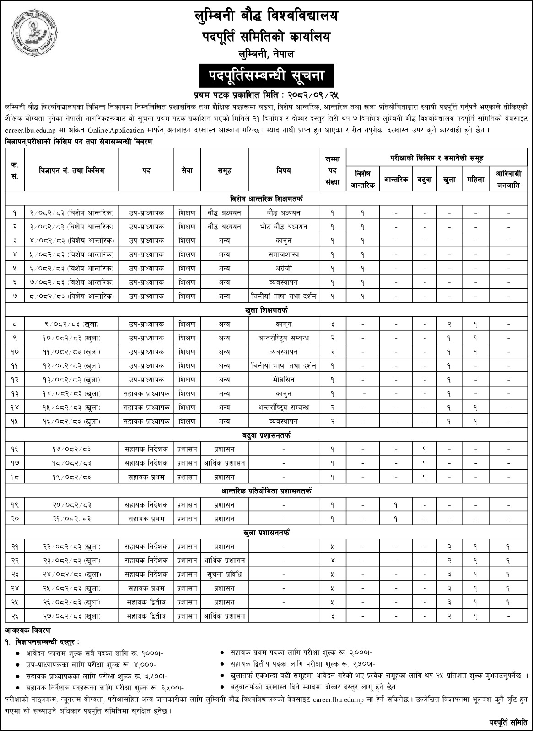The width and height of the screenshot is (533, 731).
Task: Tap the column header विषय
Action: (x=284, y=171)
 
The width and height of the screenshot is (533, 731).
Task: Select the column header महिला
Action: (x=476, y=180)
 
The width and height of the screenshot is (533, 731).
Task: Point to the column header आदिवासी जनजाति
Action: (x=508, y=180)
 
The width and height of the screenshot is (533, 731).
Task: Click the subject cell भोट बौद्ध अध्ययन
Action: (x=284, y=227)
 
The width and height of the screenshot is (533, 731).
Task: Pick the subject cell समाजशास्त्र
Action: (x=284, y=254)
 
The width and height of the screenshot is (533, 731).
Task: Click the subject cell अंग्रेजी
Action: (x=284, y=268)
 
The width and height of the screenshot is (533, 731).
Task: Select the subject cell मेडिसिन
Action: (x=284, y=380)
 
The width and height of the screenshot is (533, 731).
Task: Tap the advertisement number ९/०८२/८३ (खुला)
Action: (x=72, y=324)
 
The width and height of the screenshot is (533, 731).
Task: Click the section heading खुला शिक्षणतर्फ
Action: (x=266, y=310)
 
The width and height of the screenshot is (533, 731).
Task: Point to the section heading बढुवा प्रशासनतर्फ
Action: (x=266, y=435)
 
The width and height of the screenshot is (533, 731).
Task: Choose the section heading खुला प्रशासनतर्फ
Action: (x=266, y=533)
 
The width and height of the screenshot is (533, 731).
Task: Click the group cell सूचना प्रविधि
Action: (x=224, y=574)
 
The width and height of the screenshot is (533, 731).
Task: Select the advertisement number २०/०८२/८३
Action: (x=72, y=505)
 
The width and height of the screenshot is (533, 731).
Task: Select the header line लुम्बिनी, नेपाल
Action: (x=266, y=54)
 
